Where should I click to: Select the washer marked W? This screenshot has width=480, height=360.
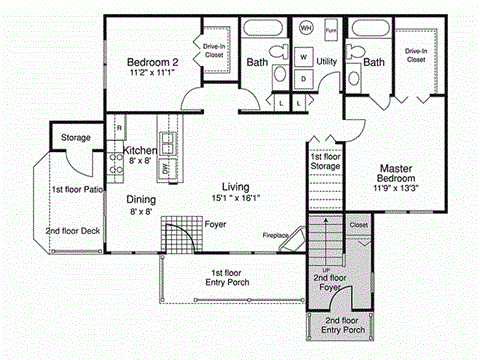coord(303,57)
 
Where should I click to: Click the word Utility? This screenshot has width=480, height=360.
coord(327,62)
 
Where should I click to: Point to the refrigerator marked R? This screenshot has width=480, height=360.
coord(119,128)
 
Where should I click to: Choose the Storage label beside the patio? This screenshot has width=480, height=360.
coord(76,138)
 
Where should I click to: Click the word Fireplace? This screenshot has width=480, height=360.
coord(276,236)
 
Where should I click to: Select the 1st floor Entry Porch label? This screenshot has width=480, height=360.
coord(230,278)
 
